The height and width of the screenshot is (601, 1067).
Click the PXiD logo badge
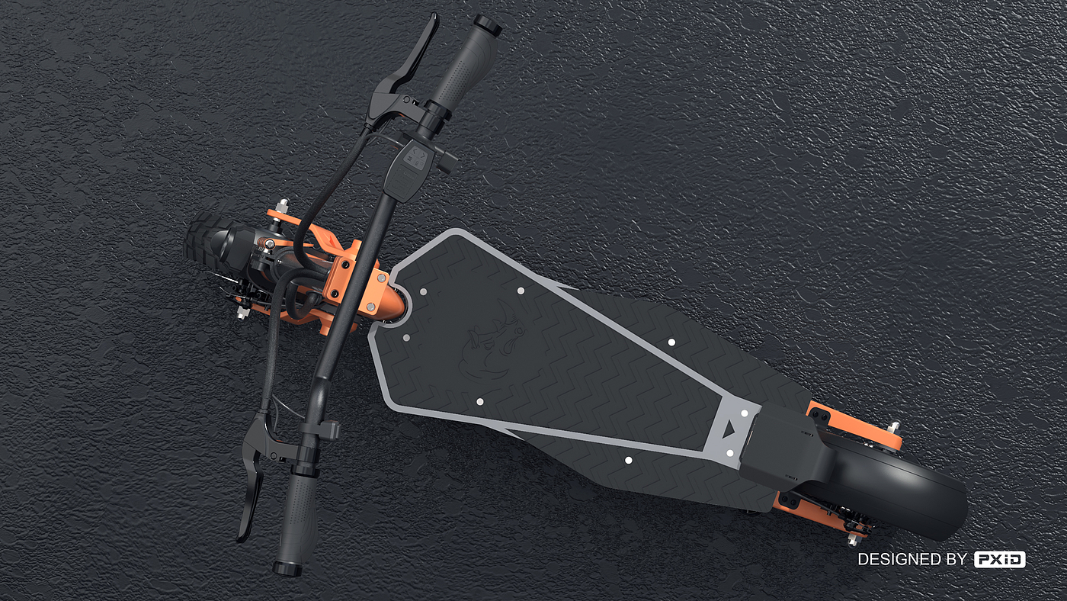[x=999, y=559]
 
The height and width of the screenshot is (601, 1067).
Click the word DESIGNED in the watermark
[x=896, y=559]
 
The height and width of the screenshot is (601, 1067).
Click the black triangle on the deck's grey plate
[x=730, y=430]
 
